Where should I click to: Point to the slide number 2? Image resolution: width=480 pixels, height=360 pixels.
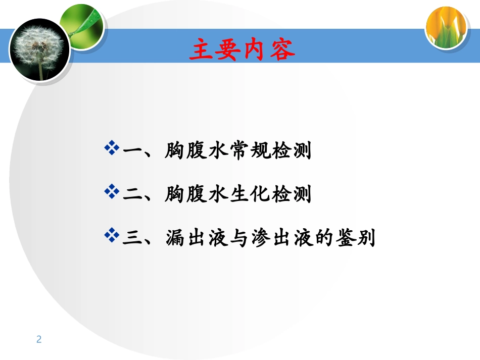click(39, 339)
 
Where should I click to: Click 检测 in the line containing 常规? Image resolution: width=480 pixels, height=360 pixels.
click(290, 150)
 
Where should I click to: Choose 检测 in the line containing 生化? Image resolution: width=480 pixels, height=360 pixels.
click(290, 194)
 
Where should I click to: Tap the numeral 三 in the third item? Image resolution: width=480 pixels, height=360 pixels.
click(133, 238)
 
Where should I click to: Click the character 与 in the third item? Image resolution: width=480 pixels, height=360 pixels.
click(239, 238)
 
